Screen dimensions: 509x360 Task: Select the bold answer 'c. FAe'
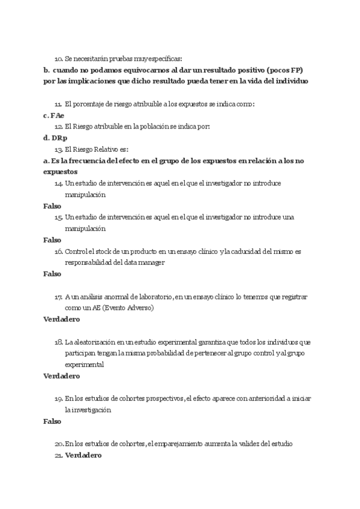[x=54, y=115]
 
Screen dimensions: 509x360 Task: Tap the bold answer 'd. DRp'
[x=55, y=137]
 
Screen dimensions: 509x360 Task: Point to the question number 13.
[x=58, y=149]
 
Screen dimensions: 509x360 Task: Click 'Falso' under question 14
[x=52, y=206]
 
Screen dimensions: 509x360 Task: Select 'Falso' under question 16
[x=52, y=274]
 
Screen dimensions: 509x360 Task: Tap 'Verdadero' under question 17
[x=62, y=319]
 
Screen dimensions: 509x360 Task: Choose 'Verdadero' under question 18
[x=62, y=376]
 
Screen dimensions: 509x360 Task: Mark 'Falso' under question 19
[x=52, y=421]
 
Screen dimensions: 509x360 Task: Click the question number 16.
[x=58, y=251]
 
